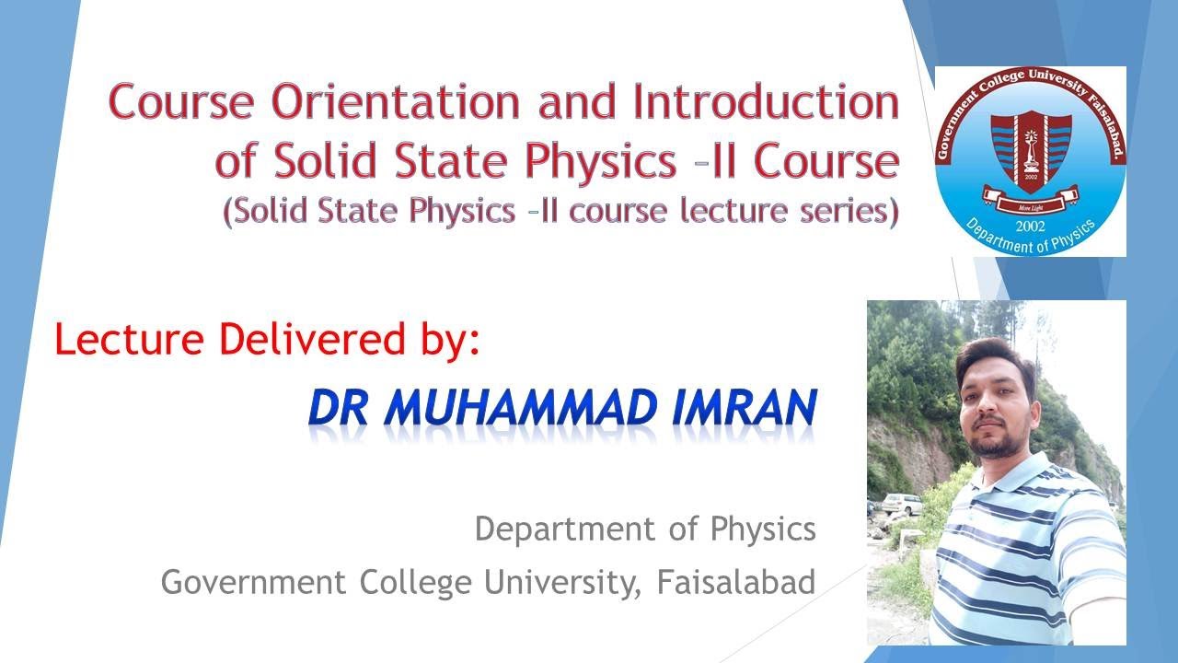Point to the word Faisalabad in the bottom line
coord(736,582)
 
